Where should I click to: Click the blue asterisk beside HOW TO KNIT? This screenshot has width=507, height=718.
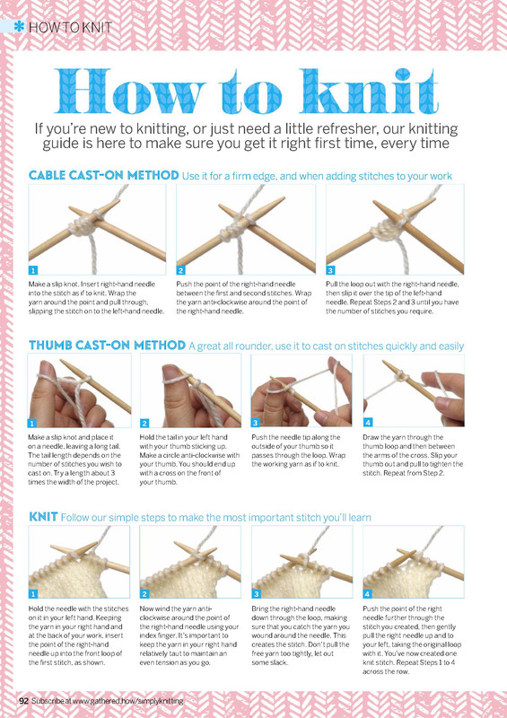(19, 27)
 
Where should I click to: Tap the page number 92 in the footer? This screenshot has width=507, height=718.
(24, 701)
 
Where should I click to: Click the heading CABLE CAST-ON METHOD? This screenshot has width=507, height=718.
(103, 175)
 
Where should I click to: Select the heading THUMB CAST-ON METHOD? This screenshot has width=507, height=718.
(107, 346)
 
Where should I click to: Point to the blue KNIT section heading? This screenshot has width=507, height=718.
(43, 517)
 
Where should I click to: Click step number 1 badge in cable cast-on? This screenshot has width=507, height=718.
(33, 270)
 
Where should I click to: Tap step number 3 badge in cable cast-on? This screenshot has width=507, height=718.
(330, 270)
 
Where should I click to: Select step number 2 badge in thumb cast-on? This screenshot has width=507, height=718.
(144, 423)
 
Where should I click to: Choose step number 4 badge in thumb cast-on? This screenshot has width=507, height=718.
(368, 422)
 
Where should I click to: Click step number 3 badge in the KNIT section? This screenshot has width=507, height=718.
(256, 594)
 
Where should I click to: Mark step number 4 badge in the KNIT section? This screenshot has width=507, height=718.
(367, 594)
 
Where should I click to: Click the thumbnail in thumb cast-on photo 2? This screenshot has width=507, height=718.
(171, 372)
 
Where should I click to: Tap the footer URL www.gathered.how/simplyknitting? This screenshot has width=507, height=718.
(127, 701)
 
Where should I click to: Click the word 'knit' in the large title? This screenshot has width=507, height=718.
(370, 92)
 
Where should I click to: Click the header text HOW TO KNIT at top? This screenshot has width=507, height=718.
(70, 28)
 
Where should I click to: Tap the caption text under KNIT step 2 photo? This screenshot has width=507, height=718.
(189, 635)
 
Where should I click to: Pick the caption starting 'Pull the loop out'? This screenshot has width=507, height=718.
(392, 298)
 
